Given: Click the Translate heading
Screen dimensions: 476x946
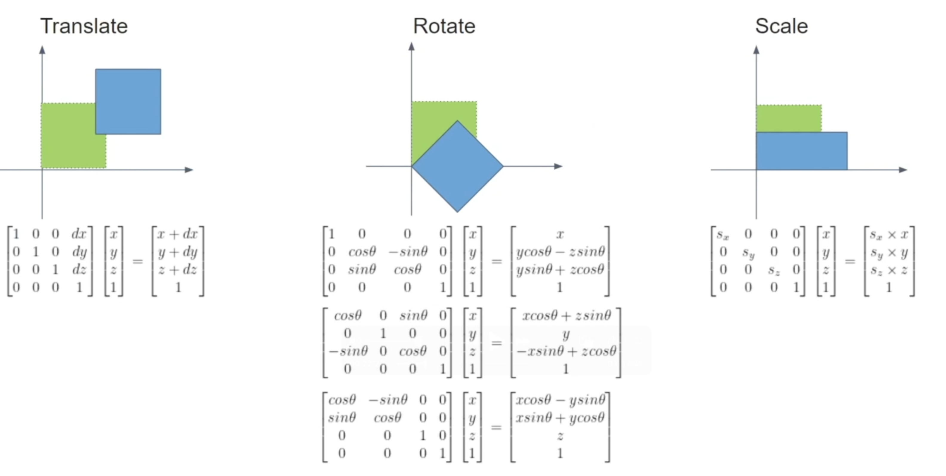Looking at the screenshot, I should (84, 26).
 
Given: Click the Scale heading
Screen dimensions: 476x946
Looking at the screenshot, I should (781, 26).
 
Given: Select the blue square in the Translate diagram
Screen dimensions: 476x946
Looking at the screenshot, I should (128, 102).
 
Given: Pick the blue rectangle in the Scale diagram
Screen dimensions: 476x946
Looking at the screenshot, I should (802, 151).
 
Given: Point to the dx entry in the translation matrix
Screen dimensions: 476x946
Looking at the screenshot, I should (79, 234).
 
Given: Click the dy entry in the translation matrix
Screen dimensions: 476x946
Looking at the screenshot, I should (79, 252).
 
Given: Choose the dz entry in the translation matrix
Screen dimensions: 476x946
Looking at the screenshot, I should (79, 270).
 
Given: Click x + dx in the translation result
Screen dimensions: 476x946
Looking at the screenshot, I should (178, 234).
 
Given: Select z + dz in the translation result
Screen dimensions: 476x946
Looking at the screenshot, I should (178, 270).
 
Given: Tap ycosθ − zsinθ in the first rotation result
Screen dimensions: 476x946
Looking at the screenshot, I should (560, 252).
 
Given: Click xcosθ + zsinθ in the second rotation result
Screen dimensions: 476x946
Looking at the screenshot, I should (566, 315).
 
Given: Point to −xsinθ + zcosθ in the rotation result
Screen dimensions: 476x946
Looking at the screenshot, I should (566, 351).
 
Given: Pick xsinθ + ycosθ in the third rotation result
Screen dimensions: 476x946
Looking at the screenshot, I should (560, 417).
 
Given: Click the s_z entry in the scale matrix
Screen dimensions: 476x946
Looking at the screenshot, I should (773, 270).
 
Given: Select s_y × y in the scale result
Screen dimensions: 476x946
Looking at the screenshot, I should (889, 252).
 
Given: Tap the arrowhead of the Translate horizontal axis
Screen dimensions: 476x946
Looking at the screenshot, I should (189, 169).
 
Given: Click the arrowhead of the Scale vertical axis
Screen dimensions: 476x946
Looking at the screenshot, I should (756, 50).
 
